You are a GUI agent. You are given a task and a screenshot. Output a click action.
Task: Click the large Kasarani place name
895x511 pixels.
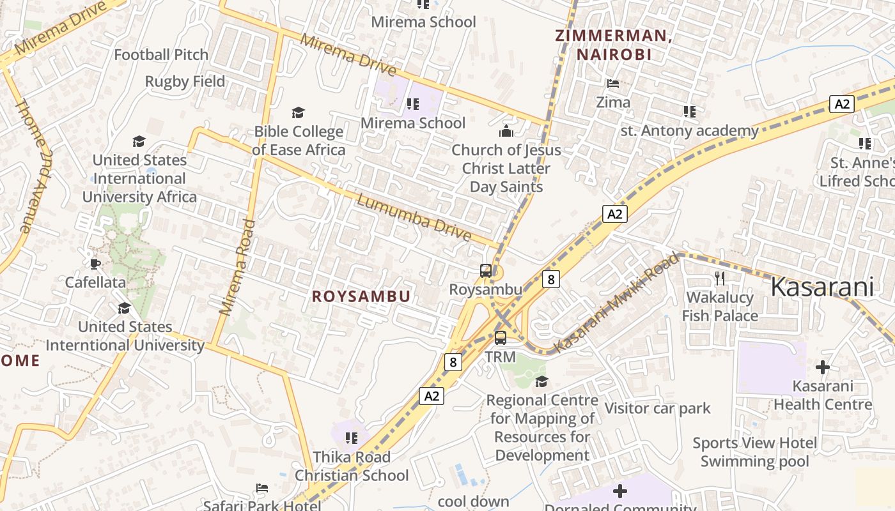821,287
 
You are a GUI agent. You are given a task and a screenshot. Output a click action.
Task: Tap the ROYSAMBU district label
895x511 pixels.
361,296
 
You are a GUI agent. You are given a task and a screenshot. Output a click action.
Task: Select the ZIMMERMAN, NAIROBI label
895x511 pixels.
613,45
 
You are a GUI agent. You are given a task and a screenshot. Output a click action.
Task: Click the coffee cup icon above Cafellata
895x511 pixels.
95,264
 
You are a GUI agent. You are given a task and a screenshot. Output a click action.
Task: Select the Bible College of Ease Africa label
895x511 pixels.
299,141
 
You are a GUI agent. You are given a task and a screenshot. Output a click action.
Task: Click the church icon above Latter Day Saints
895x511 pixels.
506,132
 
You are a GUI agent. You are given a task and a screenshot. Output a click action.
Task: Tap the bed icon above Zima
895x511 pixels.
612,84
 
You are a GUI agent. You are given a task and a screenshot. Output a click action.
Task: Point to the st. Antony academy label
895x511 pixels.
690,131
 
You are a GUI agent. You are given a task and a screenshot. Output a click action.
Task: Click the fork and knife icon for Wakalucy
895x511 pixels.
720,278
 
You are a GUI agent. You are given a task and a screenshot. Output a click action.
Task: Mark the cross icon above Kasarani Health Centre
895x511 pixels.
823,367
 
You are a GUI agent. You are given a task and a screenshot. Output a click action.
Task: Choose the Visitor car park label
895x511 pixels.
657,408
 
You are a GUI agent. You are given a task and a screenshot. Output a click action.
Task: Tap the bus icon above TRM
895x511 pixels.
501,337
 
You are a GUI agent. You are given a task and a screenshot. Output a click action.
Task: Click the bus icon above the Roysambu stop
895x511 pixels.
486,271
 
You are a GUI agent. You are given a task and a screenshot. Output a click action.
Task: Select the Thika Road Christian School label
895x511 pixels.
351,466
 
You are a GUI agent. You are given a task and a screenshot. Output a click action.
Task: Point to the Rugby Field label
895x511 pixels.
185,82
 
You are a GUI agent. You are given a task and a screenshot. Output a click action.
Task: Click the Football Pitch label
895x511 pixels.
161,55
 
